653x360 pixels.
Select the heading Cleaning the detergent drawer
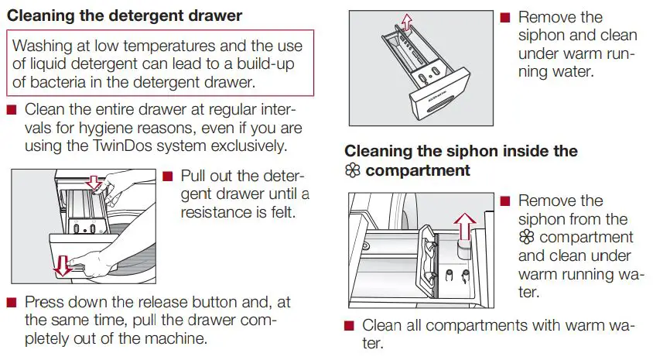[x=125, y=15]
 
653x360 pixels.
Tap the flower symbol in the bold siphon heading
[x=353, y=170]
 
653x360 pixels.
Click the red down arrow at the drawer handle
[x=60, y=266]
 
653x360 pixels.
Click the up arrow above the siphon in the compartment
[x=464, y=226]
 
